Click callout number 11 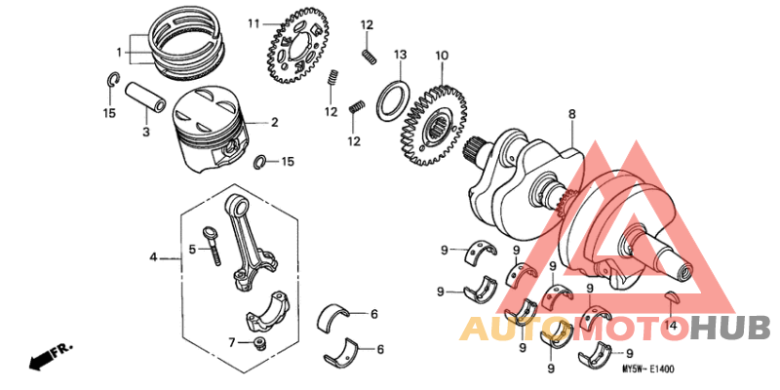click(253, 23)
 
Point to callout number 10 click(442, 56)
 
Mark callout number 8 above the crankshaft click(572, 114)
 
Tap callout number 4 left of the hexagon click(153, 257)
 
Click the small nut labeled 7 click(258, 343)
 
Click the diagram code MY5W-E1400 click(648, 370)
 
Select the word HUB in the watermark click(729, 329)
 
